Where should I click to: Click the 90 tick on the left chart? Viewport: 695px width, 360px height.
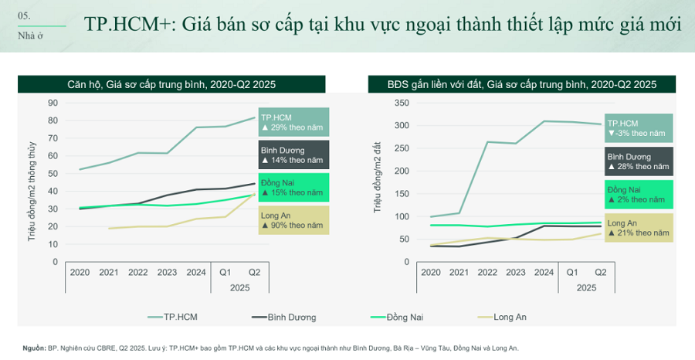(53, 103)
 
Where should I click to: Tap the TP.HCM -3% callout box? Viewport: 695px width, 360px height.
(638, 128)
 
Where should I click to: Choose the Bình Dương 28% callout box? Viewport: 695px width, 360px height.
(638, 161)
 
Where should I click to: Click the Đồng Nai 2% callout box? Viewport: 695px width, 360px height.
(638, 194)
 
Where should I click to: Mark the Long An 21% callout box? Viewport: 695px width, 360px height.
(638, 228)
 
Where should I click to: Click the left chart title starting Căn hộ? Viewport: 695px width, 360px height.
(171, 84)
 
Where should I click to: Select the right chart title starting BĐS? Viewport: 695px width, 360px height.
(522, 84)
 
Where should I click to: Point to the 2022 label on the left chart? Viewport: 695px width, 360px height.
(138, 272)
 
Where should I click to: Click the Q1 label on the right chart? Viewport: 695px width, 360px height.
(571, 272)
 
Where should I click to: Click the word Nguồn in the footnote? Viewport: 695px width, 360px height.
(33, 348)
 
